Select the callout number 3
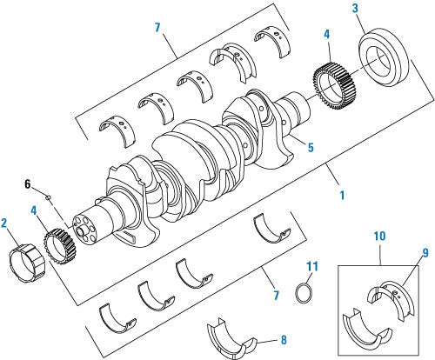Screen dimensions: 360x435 click(332, 8)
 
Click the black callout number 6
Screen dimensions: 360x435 click(27, 184)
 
